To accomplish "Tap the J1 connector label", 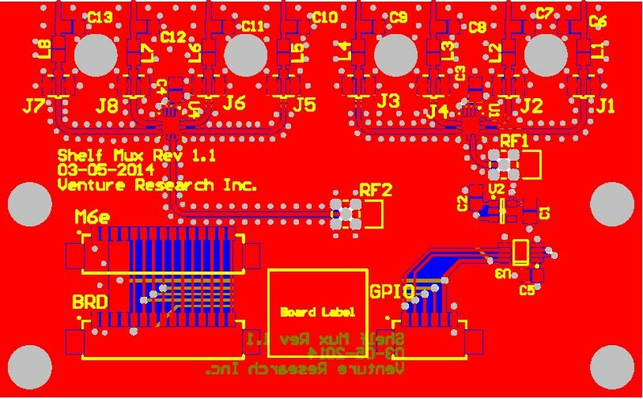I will click(604, 105).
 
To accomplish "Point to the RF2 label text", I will click(375, 191).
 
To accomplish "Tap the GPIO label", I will click(391, 290).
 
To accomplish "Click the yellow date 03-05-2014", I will click(107, 170).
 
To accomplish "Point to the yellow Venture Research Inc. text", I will click(158, 185).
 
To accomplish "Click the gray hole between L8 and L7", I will click(96, 56).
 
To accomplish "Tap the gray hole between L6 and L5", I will click(246, 56).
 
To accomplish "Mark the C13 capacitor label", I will click(100, 16).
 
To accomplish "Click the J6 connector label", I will click(234, 103).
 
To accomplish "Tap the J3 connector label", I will click(387, 101).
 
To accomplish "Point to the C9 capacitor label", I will click(399, 16).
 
